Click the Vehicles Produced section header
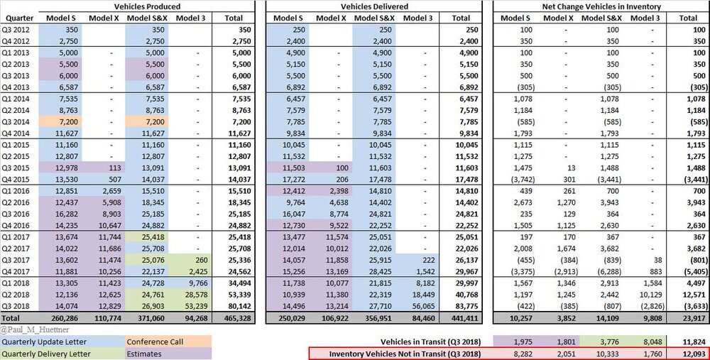click(147, 6)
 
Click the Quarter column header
click(18, 18)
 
